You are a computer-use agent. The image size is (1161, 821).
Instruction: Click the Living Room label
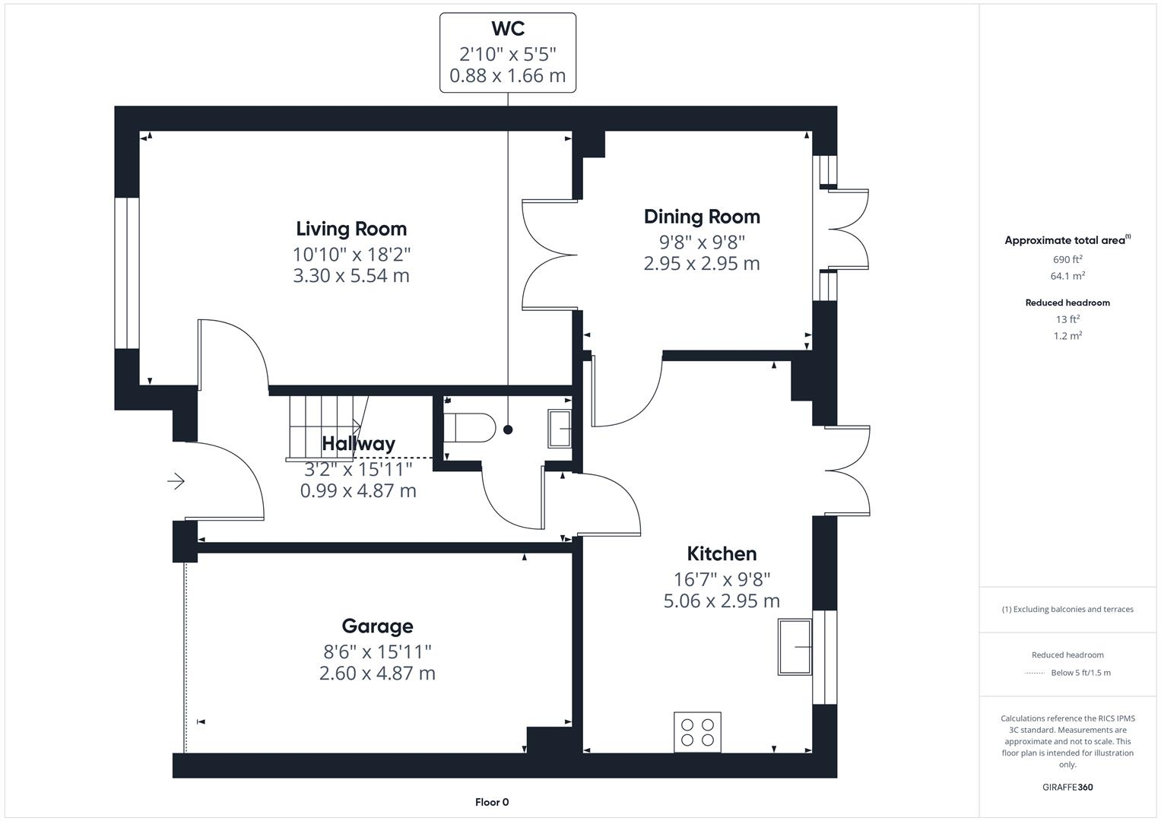[351, 229]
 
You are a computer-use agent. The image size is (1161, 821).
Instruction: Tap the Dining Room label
[702, 217]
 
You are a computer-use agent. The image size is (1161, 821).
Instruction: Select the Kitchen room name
[722, 553]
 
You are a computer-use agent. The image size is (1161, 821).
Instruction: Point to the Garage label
[377, 626]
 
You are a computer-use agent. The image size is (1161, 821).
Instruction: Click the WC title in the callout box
[507, 29]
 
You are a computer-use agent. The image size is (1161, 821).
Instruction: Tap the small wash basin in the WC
[560, 429]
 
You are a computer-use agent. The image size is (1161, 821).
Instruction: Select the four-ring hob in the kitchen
[697, 732]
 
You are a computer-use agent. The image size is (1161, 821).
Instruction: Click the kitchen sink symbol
[795, 647]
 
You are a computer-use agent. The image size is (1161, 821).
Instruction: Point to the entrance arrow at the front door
[176, 481]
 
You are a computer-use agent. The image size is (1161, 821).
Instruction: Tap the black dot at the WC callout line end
[508, 430]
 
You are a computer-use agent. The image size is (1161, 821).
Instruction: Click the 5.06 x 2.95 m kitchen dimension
[722, 601]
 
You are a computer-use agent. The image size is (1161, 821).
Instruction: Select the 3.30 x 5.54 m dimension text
[351, 275]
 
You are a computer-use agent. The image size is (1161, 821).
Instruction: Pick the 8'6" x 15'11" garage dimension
[377, 651]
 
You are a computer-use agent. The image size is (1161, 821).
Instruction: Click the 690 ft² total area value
[1067, 259]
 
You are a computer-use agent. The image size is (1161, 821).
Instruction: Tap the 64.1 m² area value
[1067, 276]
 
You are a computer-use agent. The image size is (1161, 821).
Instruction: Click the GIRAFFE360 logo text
[1067, 787]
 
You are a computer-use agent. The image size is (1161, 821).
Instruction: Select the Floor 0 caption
[492, 802]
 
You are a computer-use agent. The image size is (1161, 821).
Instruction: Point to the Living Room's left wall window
[127, 274]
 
